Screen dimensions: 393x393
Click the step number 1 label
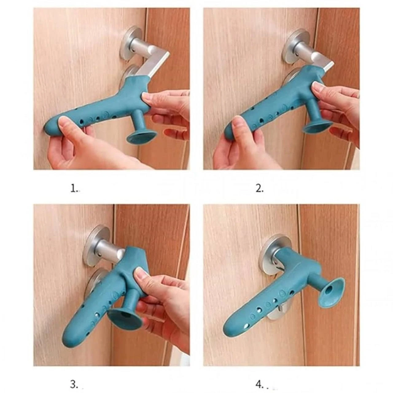tap(75, 189)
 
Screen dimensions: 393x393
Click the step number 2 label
tap(259, 189)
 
